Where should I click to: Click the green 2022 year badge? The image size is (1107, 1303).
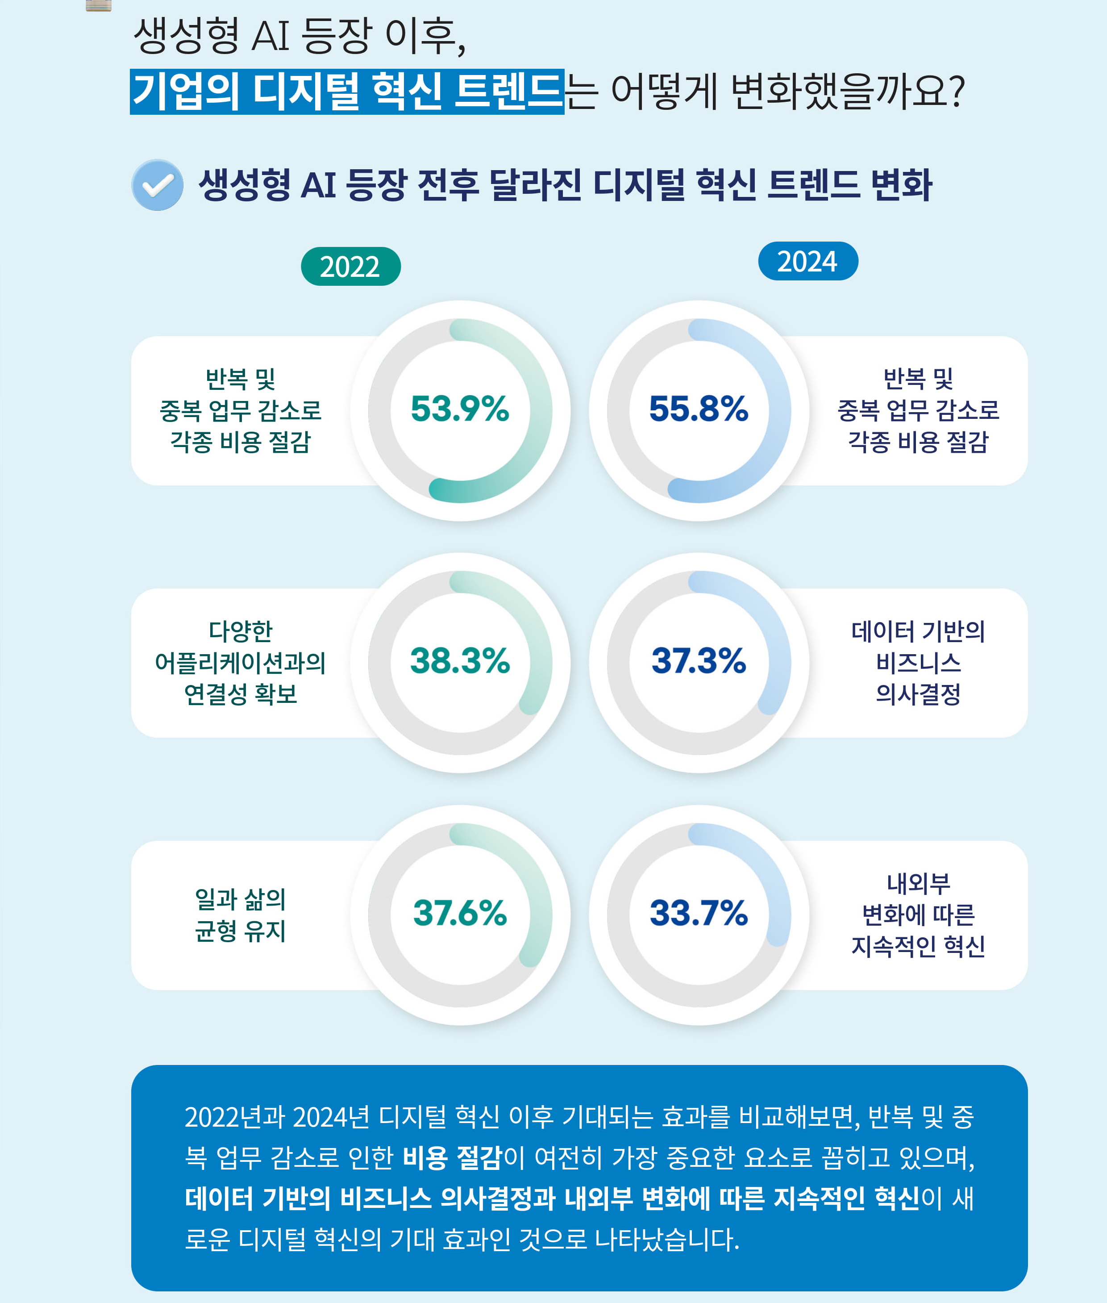pos(350,267)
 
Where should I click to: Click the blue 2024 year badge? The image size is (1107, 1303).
pos(807,261)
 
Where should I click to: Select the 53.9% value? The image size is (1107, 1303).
pos(459,409)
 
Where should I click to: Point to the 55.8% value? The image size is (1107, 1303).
pos(699,409)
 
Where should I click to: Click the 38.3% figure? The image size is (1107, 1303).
pos(459,661)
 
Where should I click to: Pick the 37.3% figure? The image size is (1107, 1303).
pos(699,661)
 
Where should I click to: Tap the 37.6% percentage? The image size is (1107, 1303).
pos(459,913)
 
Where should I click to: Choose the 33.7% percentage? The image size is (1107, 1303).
pos(699,913)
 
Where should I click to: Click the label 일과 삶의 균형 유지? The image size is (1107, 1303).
pos(240,915)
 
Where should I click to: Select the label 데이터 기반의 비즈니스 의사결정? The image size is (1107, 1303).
pos(918,663)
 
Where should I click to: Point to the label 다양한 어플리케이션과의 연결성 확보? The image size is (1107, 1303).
pos(240,663)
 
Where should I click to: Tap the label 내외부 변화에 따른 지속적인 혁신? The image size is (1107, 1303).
pos(918,915)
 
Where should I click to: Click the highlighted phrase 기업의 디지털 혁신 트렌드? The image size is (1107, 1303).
pos(347,92)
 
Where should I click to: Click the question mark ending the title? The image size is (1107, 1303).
pos(957,92)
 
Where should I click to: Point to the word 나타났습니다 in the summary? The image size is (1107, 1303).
pos(666,1240)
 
